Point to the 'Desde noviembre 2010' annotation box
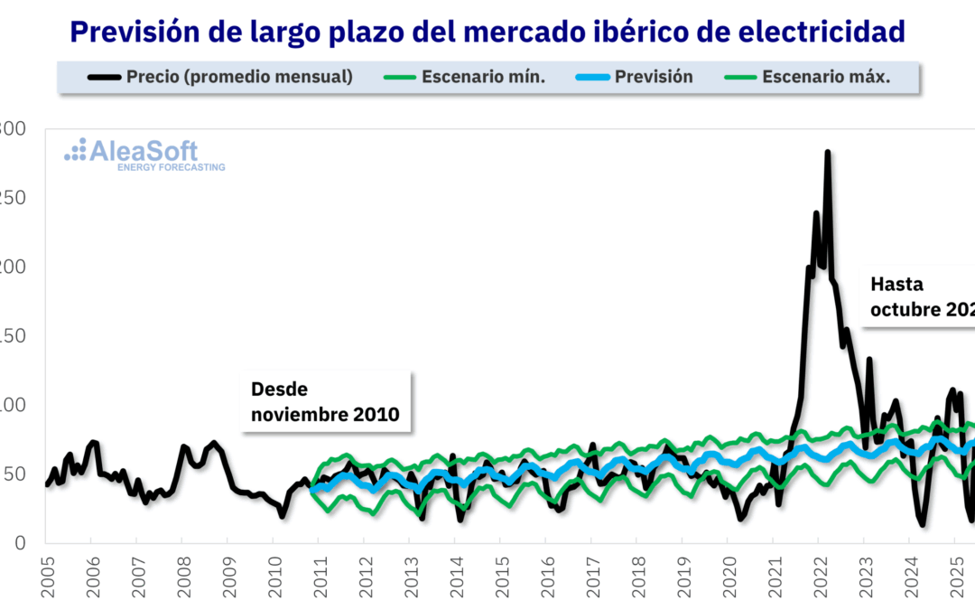click(x=325, y=402)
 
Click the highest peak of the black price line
click(x=827, y=153)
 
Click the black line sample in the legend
click(x=104, y=77)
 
